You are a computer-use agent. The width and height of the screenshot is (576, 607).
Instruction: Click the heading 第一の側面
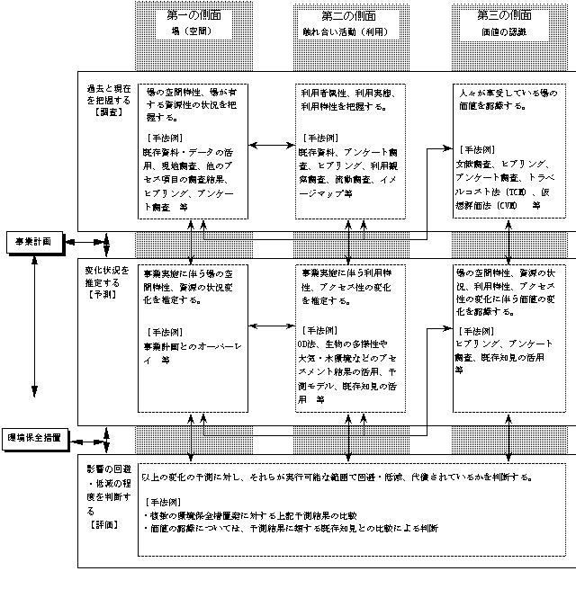pos(193,16)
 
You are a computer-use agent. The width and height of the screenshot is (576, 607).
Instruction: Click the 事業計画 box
pos(35,242)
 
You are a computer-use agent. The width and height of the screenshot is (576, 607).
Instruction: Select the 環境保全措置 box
pos(35,438)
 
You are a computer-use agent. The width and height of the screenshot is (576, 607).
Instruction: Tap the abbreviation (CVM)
pos(504,205)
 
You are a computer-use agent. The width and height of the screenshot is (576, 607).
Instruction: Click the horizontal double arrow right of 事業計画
pos(82,242)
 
